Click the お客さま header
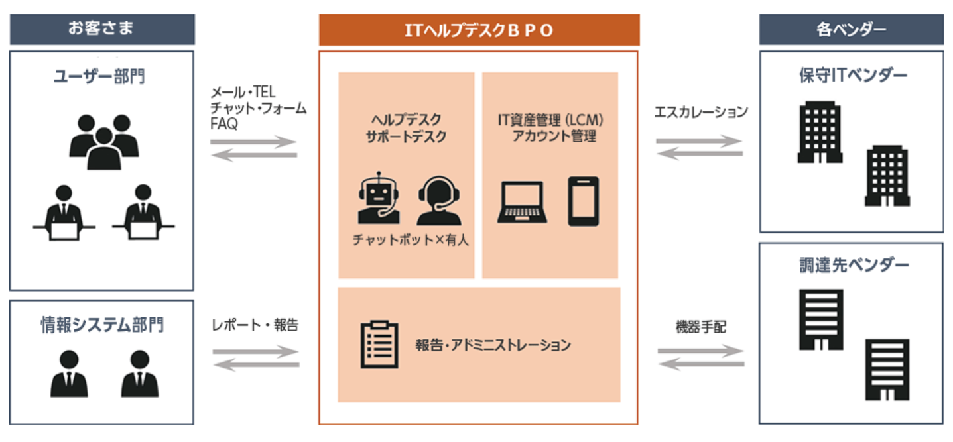[x=101, y=28]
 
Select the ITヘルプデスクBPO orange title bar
[x=479, y=30]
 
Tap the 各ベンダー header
[x=852, y=29]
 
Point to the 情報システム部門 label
[x=101, y=325]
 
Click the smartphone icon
[x=583, y=201]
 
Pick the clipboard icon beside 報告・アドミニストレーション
[x=379, y=345]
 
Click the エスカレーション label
[x=701, y=111]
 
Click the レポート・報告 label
[x=255, y=325]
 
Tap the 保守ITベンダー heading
[x=852, y=75]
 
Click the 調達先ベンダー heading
[x=852, y=266]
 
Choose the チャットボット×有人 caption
[x=411, y=241]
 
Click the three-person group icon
[x=103, y=140]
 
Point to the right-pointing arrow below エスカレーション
[x=700, y=141]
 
